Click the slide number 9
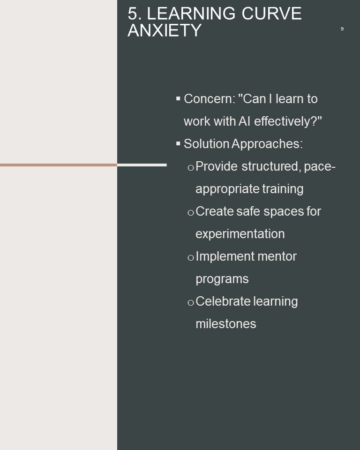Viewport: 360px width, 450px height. (342, 29)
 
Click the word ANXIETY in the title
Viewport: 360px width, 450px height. (165, 30)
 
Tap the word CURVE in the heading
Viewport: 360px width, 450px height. (271, 14)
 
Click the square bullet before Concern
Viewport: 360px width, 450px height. (178, 99)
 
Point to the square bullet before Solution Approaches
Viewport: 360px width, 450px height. (178, 143)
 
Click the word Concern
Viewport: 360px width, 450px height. (210, 99)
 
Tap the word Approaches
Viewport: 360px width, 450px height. (267, 144)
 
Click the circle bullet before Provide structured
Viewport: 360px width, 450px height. (191, 168)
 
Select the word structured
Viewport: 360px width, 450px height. (270, 166)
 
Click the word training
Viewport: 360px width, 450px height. (283, 189)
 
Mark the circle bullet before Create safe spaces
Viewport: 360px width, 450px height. (191, 213)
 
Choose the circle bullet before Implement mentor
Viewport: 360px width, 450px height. (191, 258)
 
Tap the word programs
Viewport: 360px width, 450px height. (222, 279)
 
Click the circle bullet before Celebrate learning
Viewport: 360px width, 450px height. (191, 303)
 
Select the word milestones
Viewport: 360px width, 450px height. (226, 324)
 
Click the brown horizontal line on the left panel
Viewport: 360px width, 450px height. (59, 165)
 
